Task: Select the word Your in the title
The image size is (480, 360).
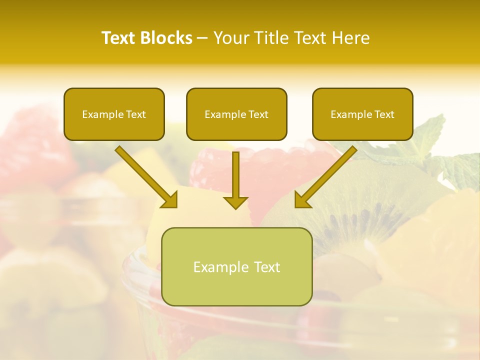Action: pyautogui.click(x=232, y=38)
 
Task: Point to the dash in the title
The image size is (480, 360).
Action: pyautogui.click(x=202, y=38)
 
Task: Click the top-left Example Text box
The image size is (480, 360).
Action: pyautogui.click(x=114, y=114)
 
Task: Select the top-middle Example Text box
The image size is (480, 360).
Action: pyautogui.click(x=236, y=114)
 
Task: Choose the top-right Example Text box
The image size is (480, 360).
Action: pyautogui.click(x=362, y=114)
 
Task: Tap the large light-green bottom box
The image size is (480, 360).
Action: pyautogui.click(x=236, y=266)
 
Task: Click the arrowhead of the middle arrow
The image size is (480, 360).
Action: pyautogui.click(x=235, y=202)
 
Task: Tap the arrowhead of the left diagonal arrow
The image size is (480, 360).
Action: pyautogui.click(x=170, y=199)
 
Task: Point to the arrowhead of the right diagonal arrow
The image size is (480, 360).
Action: pyautogui.click(x=302, y=199)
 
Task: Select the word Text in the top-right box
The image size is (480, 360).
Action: pyautogui.click(x=384, y=114)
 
